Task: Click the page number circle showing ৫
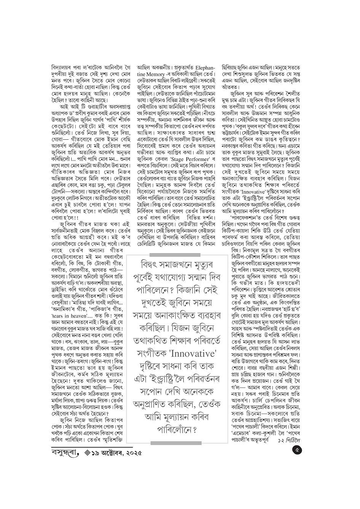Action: [297, 451]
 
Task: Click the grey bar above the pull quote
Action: [175, 254]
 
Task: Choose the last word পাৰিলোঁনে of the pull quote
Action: [176, 431]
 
